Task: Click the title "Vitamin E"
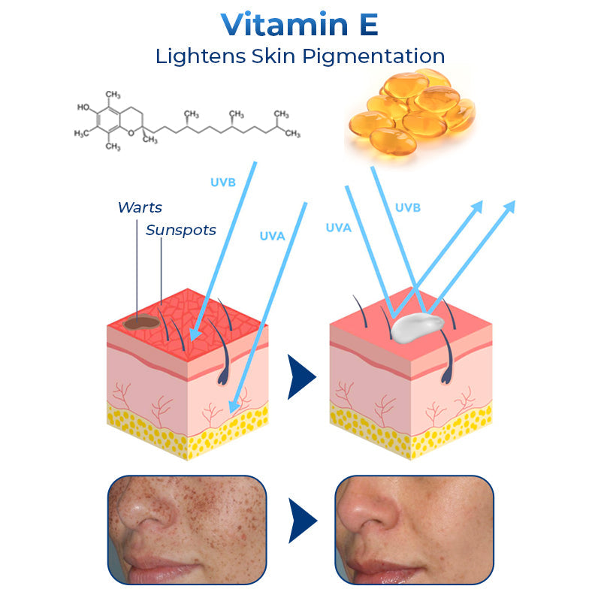click(x=300, y=25)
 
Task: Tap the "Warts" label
click(x=140, y=207)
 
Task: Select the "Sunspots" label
click(x=181, y=230)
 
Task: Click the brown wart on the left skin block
click(x=142, y=323)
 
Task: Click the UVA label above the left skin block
click(x=272, y=237)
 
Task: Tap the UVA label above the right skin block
click(x=339, y=227)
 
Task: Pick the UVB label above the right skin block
click(x=408, y=207)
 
